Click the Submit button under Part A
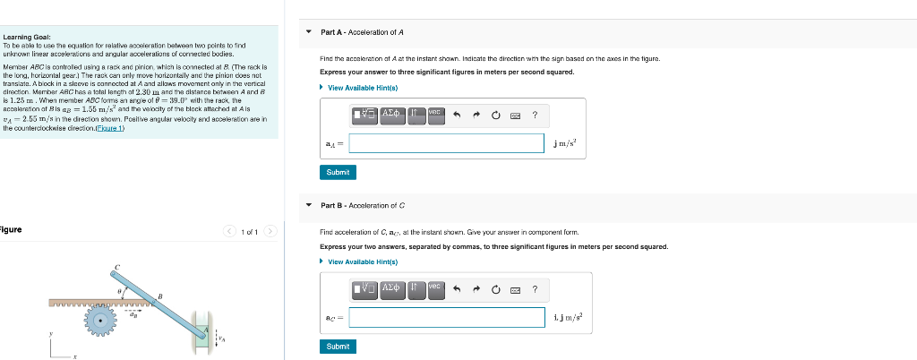pyautogui.click(x=338, y=172)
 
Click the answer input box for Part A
pyautogui.click(x=447, y=143)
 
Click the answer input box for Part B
pyautogui.click(x=447, y=317)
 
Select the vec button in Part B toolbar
pyautogui.click(x=435, y=287)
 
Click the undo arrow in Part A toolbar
pyautogui.click(x=456, y=115)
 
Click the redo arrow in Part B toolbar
pyautogui.click(x=476, y=288)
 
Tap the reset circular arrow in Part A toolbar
pyautogui.click(x=495, y=115)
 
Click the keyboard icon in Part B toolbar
pyautogui.click(x=515, y=288)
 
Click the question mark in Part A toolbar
pyautogui.click(x=535, y=115)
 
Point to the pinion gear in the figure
pyautogui.click(x=108, y=318)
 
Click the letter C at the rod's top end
pyautogui.click(x=117, y=268)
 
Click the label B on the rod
pyautogui.click(x=159, y=296)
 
